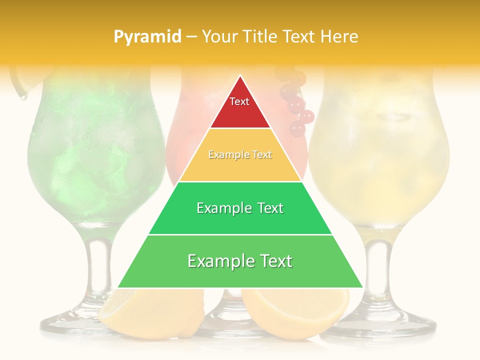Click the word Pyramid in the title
pyautogui.click(x=147, y=36)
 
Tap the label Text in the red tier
pyautogui.click(x=239, y=101)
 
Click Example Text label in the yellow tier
pyautogui.click(x=240, y=155)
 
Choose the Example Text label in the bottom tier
pyautogui.click(x=240, y=261)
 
